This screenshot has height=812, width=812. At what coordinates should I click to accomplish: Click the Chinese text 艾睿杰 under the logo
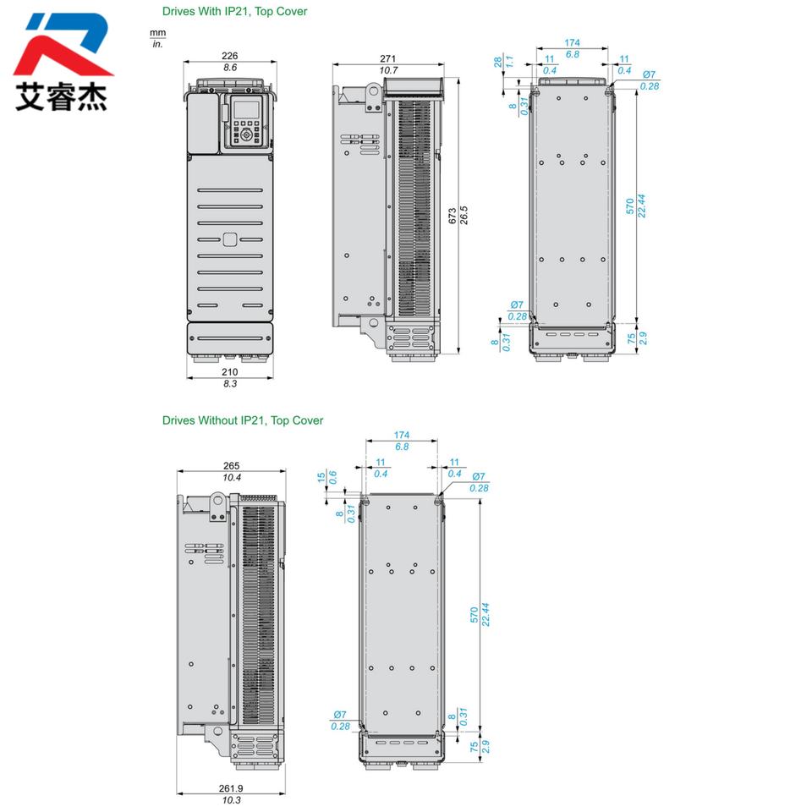click(x=61, y=96)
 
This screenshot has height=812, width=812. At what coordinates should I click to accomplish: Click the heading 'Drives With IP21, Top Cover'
click(x=234, y=11)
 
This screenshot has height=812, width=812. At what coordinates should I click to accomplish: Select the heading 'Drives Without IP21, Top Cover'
click(x=243, y=420)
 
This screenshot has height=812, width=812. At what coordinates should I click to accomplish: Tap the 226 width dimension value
click(x=229, y=56)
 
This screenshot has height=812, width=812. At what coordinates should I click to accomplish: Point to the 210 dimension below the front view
click(x=229, y=372)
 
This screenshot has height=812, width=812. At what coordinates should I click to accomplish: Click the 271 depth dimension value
click(x=387, y=58)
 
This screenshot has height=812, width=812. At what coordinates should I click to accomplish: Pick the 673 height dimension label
click(x=452, y=216)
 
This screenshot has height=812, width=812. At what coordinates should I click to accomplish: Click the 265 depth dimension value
click(x=231, y=465)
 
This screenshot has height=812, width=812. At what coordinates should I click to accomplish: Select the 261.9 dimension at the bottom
click(x=231, y=788)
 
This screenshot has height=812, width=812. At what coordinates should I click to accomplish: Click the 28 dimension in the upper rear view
click(x=497, y=62)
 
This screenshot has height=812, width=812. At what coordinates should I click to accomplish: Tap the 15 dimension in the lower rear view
click(x=321, y=477)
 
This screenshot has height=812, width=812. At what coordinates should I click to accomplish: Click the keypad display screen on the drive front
click(x=246, y=110)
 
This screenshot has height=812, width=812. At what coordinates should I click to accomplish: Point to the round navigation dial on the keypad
click(x=246, y=134)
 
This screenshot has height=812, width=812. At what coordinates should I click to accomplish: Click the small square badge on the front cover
click(x=230, y=239)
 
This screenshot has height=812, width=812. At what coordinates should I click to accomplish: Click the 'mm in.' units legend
click(x=157, y=38)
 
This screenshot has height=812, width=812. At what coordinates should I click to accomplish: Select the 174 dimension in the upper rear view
click(x=573, y=42)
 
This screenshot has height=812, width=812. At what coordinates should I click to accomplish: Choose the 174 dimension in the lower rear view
click(x=401, y=435)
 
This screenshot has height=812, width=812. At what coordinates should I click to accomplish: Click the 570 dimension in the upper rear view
click(x=629, y=206)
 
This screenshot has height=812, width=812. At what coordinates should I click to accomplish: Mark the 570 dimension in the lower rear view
click(x=474, y=615)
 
